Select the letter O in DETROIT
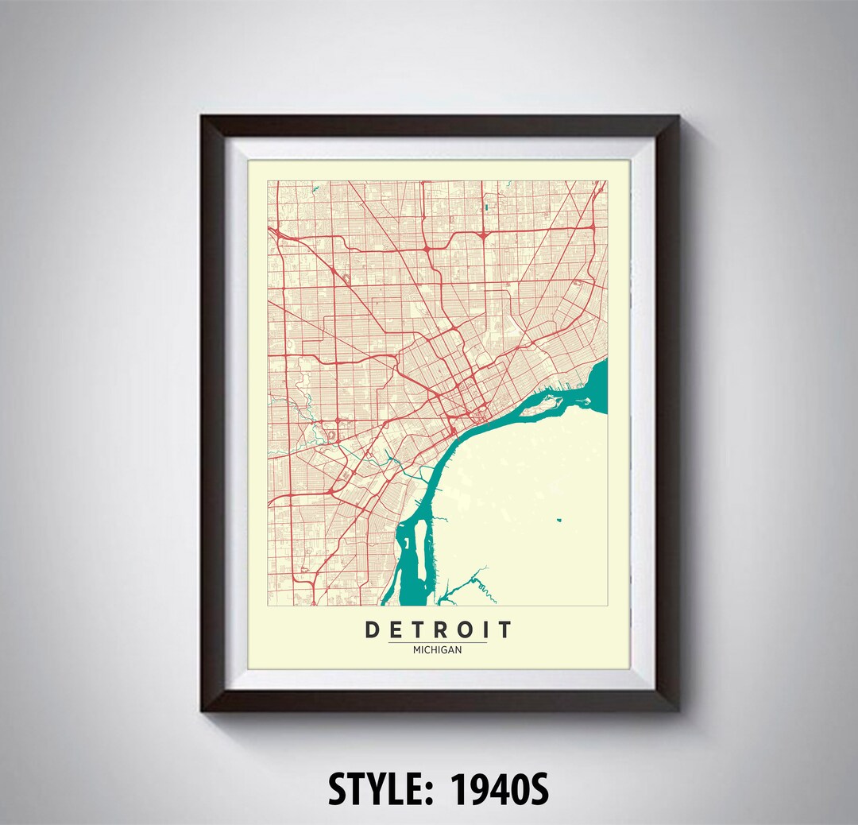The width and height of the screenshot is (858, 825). [464, 630]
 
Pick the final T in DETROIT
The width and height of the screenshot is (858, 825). [504, 630]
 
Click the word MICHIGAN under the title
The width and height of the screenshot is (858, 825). [438, 649]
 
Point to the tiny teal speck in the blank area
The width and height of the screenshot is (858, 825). [558, 520]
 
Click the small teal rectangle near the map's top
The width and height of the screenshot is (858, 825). [485, 208]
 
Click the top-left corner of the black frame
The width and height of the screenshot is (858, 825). [203, 118]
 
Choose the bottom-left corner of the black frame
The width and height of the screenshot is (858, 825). [203, 709]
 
